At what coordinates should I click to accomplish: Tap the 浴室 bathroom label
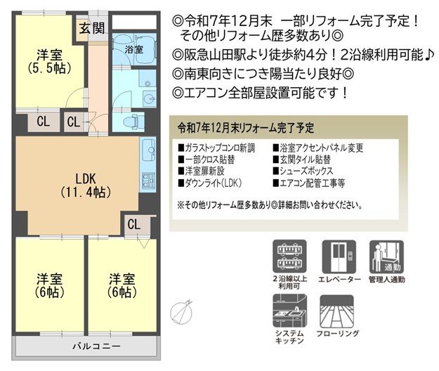pos(134,50)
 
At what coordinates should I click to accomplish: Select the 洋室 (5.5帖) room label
pos(50,62)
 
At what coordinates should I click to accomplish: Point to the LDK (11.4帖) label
pos(86,185)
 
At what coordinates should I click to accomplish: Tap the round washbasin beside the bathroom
pos(149,98)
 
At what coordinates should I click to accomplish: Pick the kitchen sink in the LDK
pos(149,150)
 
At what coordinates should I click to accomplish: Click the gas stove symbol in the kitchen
pos(148,181)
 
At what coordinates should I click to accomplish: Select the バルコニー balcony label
pos(97,346)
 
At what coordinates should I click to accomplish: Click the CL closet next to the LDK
pos(134,224)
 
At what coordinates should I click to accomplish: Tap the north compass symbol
pos(182,312)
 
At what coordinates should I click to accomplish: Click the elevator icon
pos(339,256)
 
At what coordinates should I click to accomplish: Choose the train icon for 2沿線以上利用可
pos(290,256)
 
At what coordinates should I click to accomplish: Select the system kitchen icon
pos(290,311)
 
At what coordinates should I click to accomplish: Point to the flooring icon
pos(337,311)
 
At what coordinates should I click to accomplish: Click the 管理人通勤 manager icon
pos(386,256)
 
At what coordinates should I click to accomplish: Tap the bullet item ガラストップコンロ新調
pos(217,148)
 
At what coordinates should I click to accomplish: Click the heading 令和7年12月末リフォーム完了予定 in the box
pos(246,128)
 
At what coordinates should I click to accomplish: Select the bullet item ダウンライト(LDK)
pos(210,183)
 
